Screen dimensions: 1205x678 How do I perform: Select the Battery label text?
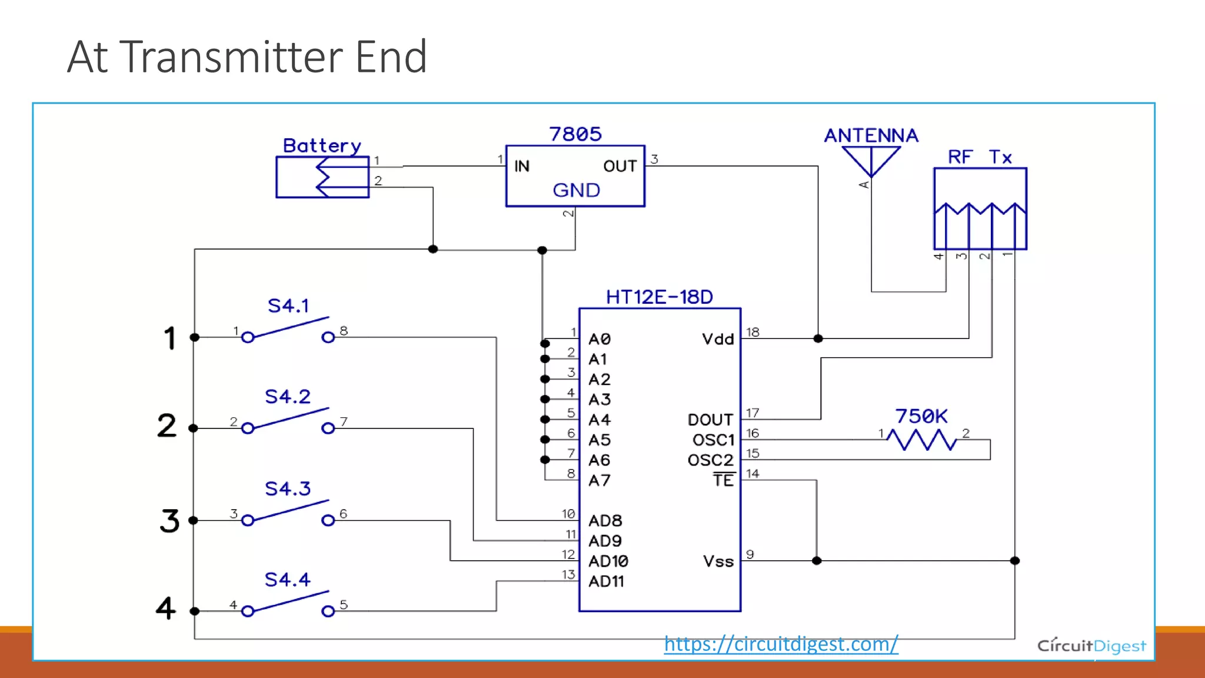click(322, 146)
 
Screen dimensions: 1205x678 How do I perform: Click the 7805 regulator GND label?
click(576, 190)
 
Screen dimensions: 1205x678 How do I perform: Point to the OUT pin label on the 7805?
click(620, 167)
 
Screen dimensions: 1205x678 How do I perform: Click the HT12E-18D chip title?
click(660, 297)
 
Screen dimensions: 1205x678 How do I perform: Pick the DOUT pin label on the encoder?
click(710, 420)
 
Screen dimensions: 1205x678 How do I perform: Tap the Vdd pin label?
click(718, 339)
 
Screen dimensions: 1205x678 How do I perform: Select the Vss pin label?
click(718, 561)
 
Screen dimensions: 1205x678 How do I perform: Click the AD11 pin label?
click(606, 581)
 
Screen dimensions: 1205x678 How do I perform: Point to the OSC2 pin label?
click(711, 460)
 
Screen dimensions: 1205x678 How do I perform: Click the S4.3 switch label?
click(288, 488)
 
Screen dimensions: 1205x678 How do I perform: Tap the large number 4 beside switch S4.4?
click(166, 608)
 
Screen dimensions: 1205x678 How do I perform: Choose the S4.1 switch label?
click(288, 305)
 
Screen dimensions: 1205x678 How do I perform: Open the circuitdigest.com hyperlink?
click(781, 644)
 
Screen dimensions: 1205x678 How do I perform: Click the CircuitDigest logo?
click(1091, 646)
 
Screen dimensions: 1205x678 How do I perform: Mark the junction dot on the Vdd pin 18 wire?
click(818, 338)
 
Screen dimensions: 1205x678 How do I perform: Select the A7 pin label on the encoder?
click(600, 481)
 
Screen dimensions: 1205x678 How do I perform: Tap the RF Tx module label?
click(980, 157)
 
